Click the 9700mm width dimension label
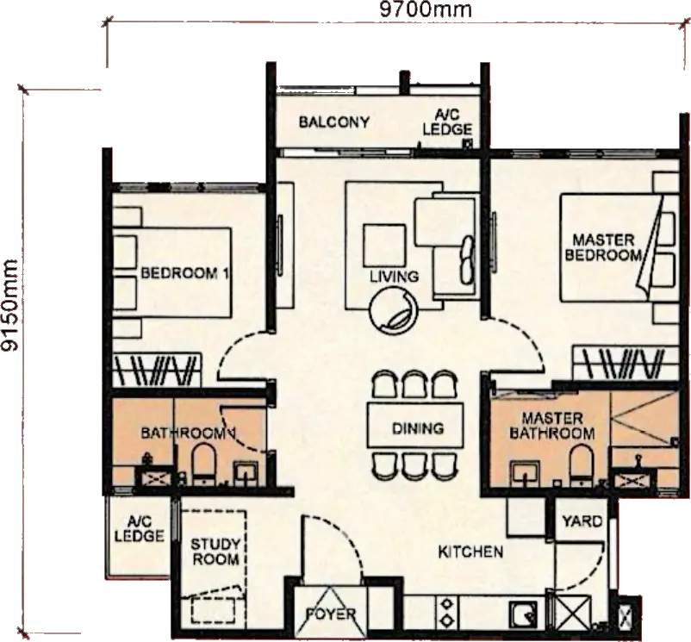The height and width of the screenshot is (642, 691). (426, 9)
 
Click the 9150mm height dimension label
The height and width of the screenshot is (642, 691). (9, 305)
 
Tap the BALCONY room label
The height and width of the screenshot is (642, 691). (334, 122)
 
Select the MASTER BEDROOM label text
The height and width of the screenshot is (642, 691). (603, 247)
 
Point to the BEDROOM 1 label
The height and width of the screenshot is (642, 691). (184, 273)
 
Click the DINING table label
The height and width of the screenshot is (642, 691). (418, 428)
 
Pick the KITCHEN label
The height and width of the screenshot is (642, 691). (470, 552)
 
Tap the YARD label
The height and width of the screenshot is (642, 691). (582, 521)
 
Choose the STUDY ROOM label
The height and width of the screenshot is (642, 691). (215, 552)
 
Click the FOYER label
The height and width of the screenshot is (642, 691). (331, 614)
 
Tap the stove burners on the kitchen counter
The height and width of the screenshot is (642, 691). (447, 612)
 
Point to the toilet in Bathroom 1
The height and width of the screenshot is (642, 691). (203, 464)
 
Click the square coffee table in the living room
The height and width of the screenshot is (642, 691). (384, 246)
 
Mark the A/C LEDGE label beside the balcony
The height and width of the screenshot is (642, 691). (447, 122)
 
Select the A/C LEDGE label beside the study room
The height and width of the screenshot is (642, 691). (140, 529)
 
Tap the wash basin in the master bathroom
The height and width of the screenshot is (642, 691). (525, 474)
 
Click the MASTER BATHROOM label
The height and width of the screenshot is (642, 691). (552, 426)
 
